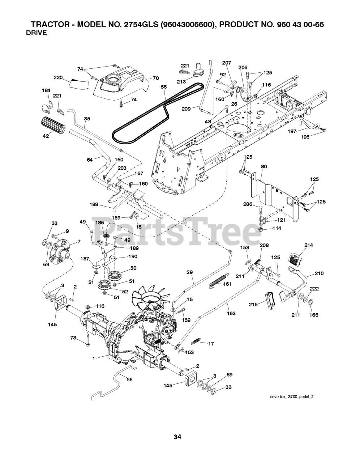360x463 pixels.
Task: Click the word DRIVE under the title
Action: click(x=37, y=33)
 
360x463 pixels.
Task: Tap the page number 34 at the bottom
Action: click(x=177, y=437)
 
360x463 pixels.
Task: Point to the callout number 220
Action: click(x=58, y=77)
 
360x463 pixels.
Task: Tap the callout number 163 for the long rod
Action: click(x=231, y=313)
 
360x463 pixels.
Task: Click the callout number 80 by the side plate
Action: click(x=264, y=167)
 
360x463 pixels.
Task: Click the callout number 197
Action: click(x=292, y=131)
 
